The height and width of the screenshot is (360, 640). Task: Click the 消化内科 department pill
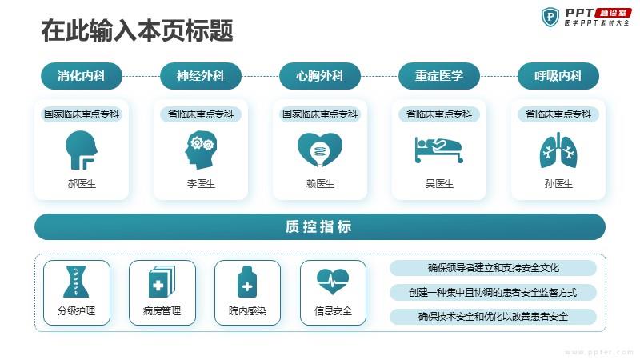82,76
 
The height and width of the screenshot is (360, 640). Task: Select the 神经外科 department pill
201,76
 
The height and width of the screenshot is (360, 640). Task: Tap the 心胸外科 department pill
320,76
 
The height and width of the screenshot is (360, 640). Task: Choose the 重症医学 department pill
439,76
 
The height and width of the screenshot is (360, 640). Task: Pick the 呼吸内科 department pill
558,76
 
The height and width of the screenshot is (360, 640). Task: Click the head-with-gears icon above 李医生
201,150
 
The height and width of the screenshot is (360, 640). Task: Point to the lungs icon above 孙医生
558,150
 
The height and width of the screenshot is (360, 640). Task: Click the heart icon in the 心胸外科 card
320,150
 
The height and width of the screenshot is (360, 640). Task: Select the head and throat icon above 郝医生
82,150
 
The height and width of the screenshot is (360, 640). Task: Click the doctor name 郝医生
82,184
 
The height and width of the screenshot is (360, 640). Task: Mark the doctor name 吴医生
439,184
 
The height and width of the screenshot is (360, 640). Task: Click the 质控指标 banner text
318,226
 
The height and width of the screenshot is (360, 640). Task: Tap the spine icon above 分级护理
76,282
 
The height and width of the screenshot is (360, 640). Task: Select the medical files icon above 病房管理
162,282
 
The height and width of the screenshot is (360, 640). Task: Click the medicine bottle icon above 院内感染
247,282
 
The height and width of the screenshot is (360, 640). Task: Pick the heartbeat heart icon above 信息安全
333,282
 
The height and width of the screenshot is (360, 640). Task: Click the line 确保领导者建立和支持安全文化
493,268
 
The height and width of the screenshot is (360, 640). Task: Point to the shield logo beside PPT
550,17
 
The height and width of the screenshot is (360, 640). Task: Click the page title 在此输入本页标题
137,30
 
